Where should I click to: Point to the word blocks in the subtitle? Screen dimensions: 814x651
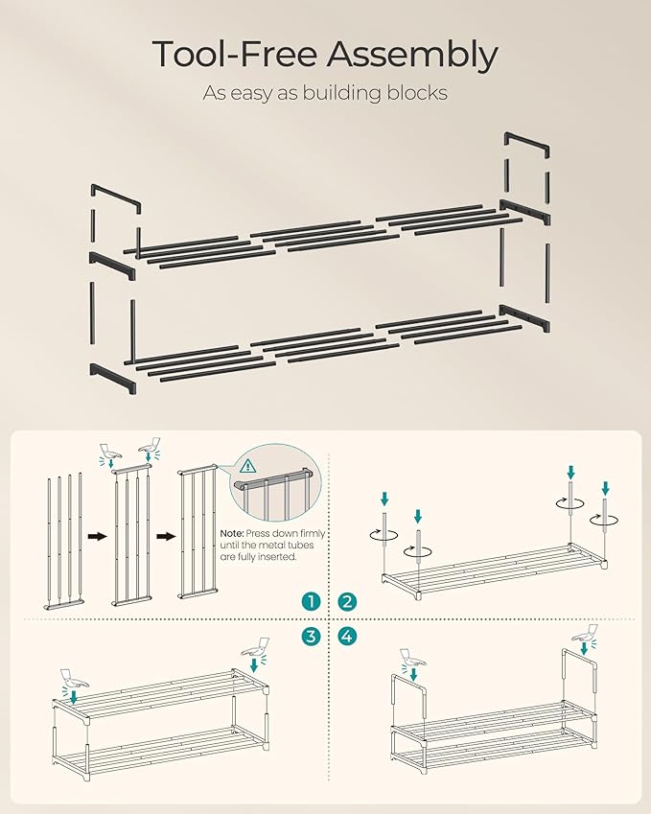413,93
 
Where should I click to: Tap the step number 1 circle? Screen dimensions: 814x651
310,601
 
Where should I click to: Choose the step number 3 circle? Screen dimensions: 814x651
310,636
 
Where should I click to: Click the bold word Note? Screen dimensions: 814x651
233,533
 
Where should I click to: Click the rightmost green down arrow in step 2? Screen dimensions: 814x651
605,490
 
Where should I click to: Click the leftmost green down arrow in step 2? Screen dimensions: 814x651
384,499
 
